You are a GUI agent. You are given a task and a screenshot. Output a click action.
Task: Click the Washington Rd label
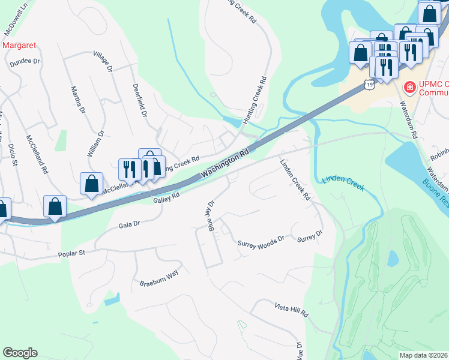pos(225,163)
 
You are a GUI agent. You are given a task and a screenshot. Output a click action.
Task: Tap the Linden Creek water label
pos(343,183)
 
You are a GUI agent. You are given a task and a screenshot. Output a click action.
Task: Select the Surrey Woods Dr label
pos(261,243)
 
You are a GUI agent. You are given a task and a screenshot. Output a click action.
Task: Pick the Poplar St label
pos(72,253)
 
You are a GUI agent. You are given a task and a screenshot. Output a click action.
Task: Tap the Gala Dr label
pos(129,224)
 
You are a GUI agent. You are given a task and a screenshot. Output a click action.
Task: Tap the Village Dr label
pos(104,62)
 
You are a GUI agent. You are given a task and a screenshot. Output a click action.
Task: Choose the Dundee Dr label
pos(24,61)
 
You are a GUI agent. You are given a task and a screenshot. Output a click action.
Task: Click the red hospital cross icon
pos(410,88)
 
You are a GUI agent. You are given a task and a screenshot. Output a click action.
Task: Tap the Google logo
pos(20,353)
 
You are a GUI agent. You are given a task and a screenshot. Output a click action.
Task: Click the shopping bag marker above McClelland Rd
pos(91,183)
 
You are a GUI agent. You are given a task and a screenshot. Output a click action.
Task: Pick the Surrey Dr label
pos(310,238)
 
